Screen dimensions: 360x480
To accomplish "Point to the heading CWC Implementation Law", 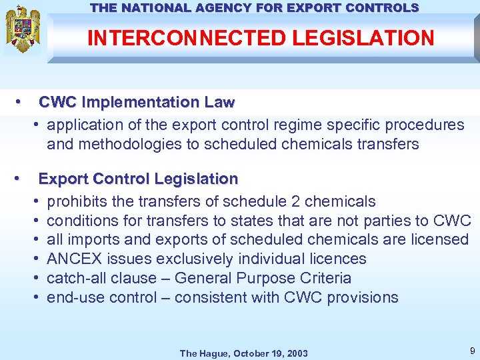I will [x=137, y=103].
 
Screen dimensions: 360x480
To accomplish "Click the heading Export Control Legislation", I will [x=138, y=179].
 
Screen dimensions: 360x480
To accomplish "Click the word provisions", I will [x=365, y=297].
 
